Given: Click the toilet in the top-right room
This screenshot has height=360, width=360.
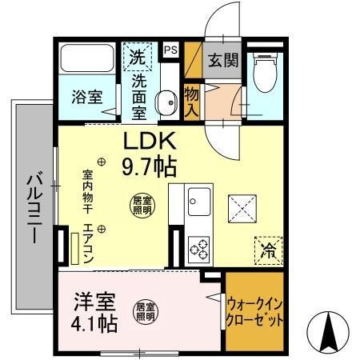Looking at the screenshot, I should click(x=262, y=74).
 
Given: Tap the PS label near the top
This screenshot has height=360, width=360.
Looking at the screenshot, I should click(x=170, y=50).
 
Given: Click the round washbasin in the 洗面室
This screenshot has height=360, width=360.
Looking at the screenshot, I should click(x=166, y=102).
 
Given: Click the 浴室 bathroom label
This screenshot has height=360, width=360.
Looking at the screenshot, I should click(x=87, y=97).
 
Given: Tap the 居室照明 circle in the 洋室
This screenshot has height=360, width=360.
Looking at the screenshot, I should click(x=145, y=309).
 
